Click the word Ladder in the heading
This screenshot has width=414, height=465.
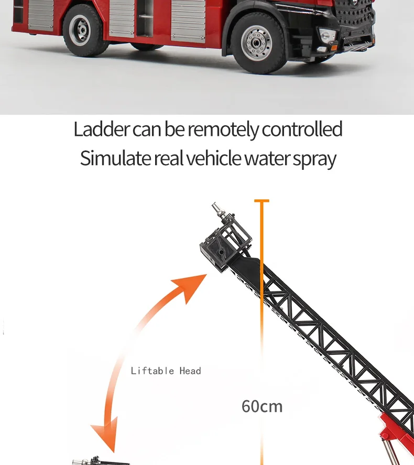point(101,129)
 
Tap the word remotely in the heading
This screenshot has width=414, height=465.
point(223,129)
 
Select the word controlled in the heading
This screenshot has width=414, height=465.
point(302,129)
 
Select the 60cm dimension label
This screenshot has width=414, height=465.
point(262,406)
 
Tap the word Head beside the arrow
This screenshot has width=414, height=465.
point(190,371)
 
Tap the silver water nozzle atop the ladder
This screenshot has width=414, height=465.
point(220,212)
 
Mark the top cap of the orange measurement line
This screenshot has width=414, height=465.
point(262,200)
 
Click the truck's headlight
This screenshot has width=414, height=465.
point(326,36)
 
